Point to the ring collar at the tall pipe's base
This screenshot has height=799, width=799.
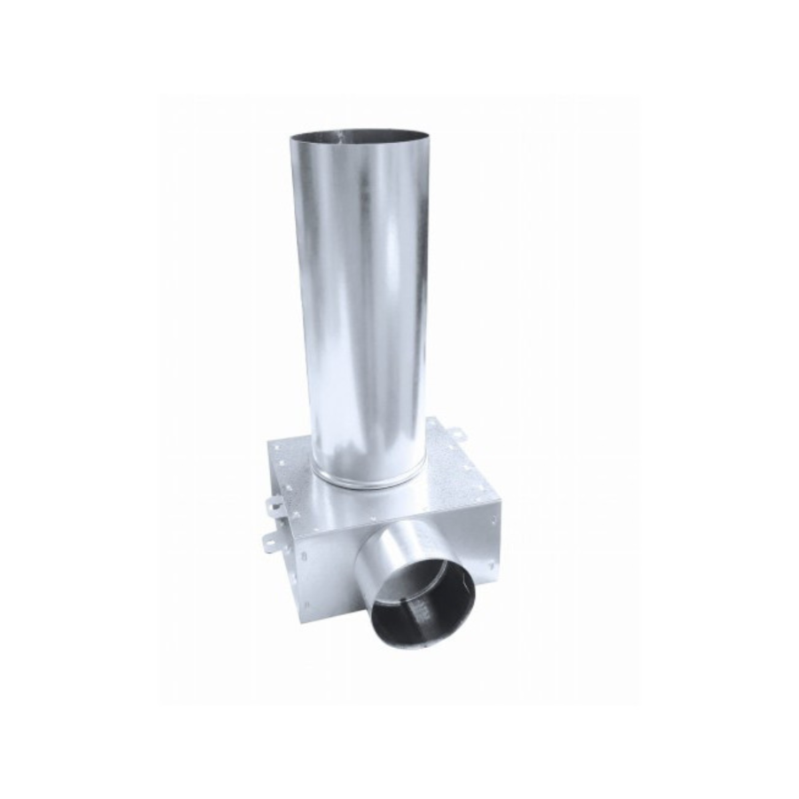coord(366,480)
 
